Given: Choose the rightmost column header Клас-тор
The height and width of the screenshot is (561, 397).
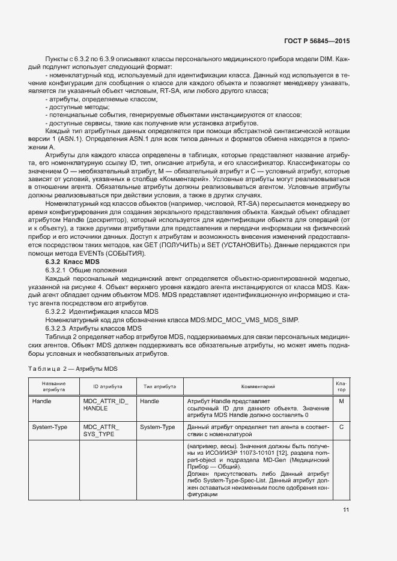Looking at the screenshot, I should point(341,386).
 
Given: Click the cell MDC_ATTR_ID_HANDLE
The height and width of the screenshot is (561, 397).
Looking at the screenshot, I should point(106,404).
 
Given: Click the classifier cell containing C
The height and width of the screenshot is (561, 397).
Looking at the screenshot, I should point(341,427).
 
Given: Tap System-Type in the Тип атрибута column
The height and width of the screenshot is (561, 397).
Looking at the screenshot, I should point(157,427).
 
